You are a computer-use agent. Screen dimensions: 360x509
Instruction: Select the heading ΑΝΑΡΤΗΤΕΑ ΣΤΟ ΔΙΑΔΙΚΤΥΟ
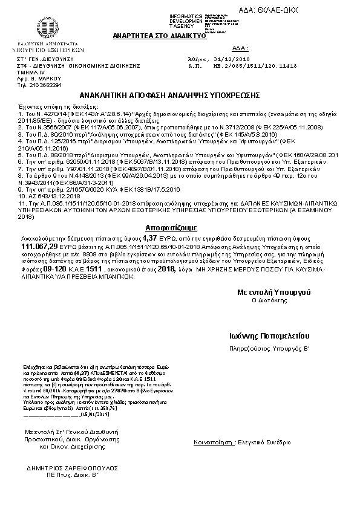[160, 36]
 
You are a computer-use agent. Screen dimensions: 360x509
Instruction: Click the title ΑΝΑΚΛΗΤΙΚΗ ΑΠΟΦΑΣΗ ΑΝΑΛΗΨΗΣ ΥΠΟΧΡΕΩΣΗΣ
[169, 96]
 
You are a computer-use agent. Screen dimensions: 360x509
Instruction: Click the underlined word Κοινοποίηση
[213, 443]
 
